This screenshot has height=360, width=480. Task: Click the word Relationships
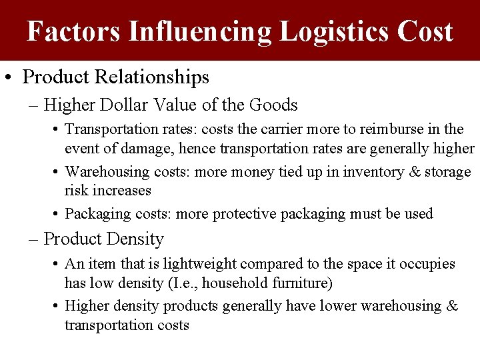pyautogui.click(x=152, y=77)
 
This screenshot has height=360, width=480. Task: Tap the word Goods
pyautogui.click(x=273, y=105)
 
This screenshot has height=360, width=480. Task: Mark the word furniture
pyautogui.click(x=298, y=283)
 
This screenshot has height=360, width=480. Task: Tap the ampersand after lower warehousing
pyautogui.click(x=451, y=306)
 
